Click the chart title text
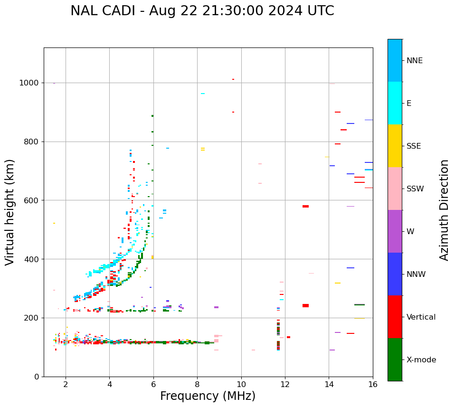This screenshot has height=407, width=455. click(x=202, y=11)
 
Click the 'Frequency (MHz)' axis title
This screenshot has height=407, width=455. click(x=208, y=396)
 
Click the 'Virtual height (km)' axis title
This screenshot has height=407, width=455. click(x=10, y=212)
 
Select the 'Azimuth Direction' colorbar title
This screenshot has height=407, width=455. click(x=444, y=210)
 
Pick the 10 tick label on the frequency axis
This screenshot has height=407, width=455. click(x=241, y=384)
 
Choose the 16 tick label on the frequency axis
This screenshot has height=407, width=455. click(x=373, y=384)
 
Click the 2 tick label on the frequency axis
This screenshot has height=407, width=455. click(x=66, y=384)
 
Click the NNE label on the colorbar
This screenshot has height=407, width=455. click(x=414, y=61)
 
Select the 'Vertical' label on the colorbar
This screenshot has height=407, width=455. click(x=421, y=317)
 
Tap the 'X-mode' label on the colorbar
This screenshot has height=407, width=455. click(x=421, y=360)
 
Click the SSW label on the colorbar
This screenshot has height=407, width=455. click(x=415, y=189)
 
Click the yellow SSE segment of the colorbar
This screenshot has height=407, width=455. click(x=395, y=145)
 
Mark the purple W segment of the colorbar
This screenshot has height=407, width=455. click(x=395, y=231)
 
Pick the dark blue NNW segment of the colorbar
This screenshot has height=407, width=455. click(x=395, y=274)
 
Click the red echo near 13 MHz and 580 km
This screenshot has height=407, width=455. click(x=305, y=206)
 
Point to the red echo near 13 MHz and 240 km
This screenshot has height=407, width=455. click(x=305, y=305)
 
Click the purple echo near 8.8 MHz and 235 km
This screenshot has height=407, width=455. click(x=216, y=307)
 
